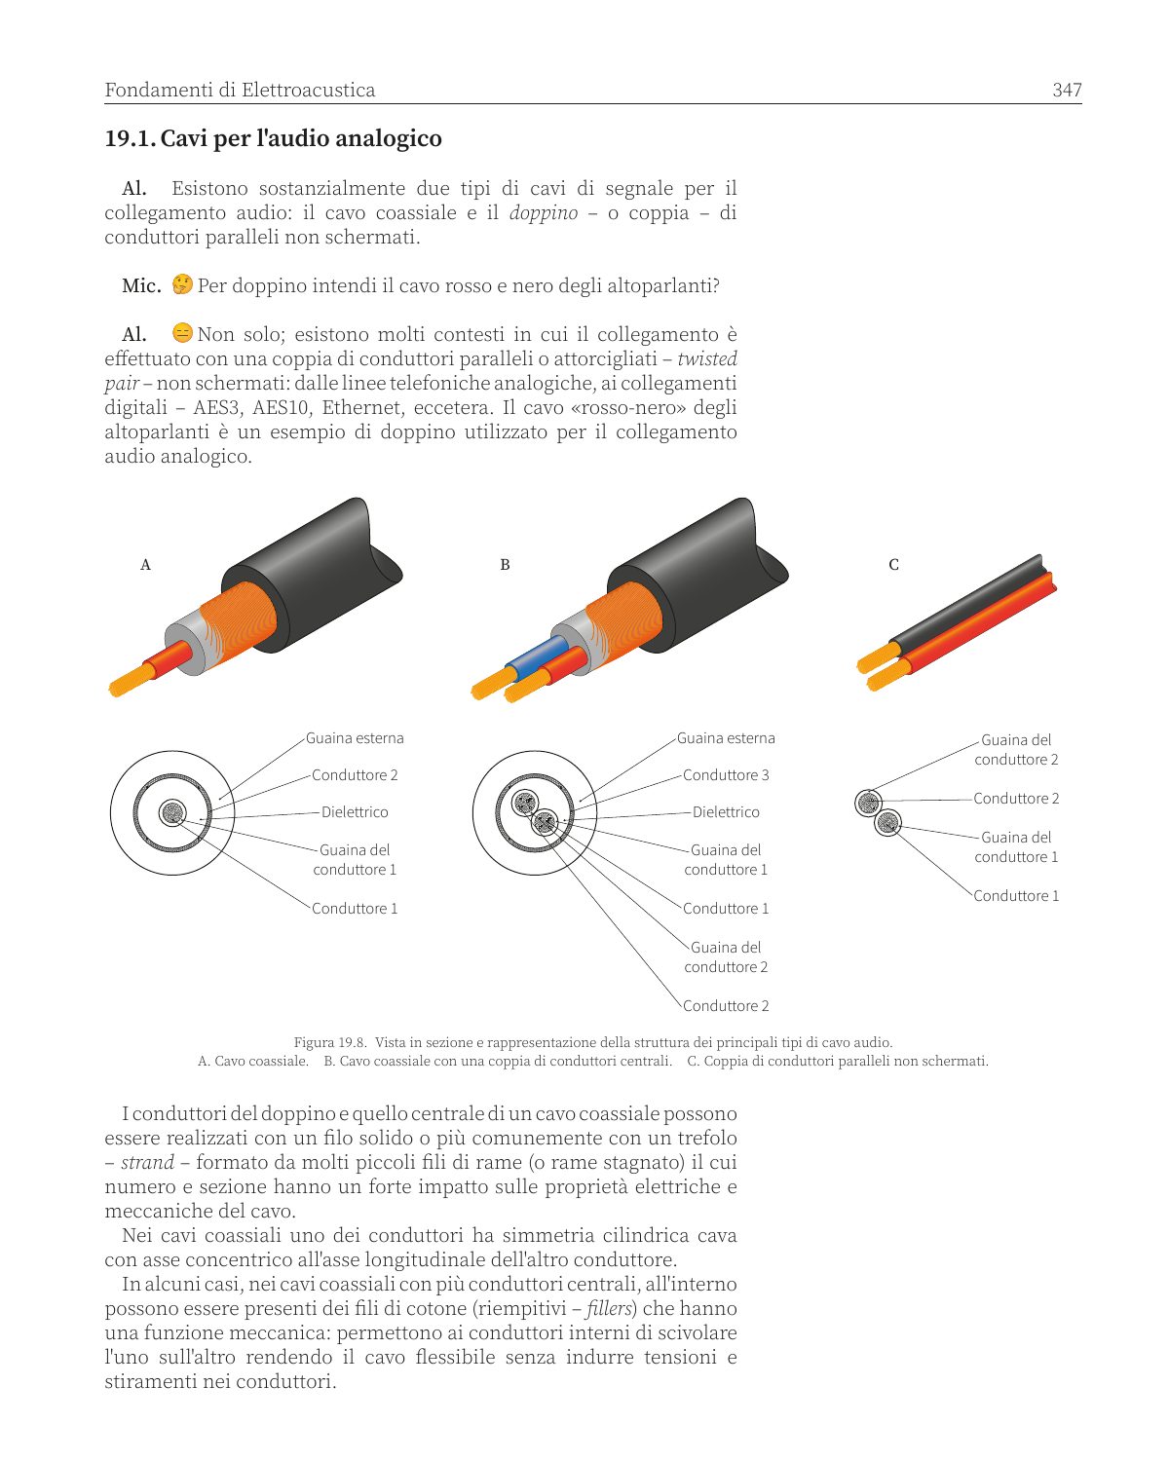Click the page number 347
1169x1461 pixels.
click(x=1067, y=90)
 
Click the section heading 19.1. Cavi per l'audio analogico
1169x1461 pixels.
click(x=273, y=138)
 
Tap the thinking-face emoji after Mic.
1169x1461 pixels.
click(x=182, y=283)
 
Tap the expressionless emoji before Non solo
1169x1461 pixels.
click(x=182, y=333)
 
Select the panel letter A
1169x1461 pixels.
click(x=145, y=564)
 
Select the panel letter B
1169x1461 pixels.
click(x=505, y=564)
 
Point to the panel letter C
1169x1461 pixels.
click(x=894, y=564)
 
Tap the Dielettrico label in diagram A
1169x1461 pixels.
click(x=355, y=812)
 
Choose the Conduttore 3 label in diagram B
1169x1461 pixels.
click(x=726, y=774)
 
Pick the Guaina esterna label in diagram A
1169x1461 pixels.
click(x=355, y=738)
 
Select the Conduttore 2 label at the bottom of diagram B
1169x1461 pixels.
click(x=726, y=1005)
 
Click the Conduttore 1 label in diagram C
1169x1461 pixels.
click(x=1016, y=895)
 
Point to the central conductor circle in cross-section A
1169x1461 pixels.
click(x=172, y=812)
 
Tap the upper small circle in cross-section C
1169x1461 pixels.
click(x=868, y=804)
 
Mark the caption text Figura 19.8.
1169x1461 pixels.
click(x=330, y=1042)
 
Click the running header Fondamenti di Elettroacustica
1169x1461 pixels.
click(x=240, y=90)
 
